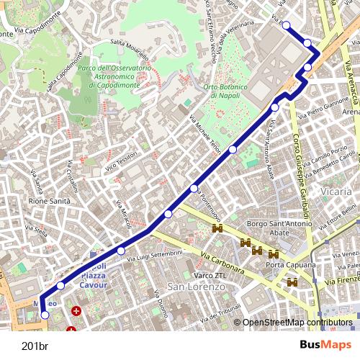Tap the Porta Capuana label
click(290, 266)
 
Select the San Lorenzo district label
click(196, 287)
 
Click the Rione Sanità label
click(49, 202)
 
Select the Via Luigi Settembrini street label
click(155, 256)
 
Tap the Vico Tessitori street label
click(122, 165)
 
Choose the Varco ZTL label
click(210, 274)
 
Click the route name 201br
click(35, 345)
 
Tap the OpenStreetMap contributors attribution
click(297, 323)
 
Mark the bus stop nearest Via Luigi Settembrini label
click(120, 251)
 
